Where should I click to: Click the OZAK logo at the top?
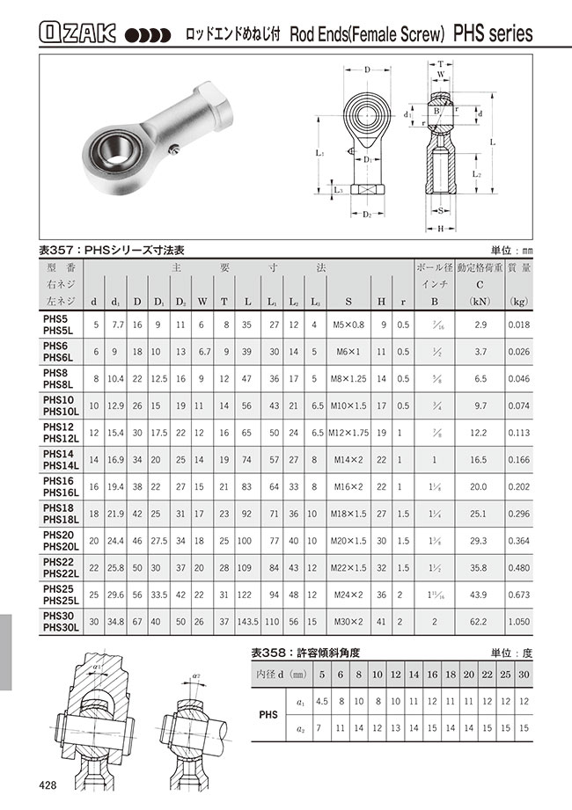77,33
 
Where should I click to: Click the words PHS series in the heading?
493,34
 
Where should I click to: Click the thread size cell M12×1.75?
348,433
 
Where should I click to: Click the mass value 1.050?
518,623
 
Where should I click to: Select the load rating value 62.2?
480,623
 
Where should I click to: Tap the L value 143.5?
247,623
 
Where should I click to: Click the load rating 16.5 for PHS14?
480,459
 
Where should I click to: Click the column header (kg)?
518,302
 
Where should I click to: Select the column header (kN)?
480,302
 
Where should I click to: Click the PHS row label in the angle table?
268,716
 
